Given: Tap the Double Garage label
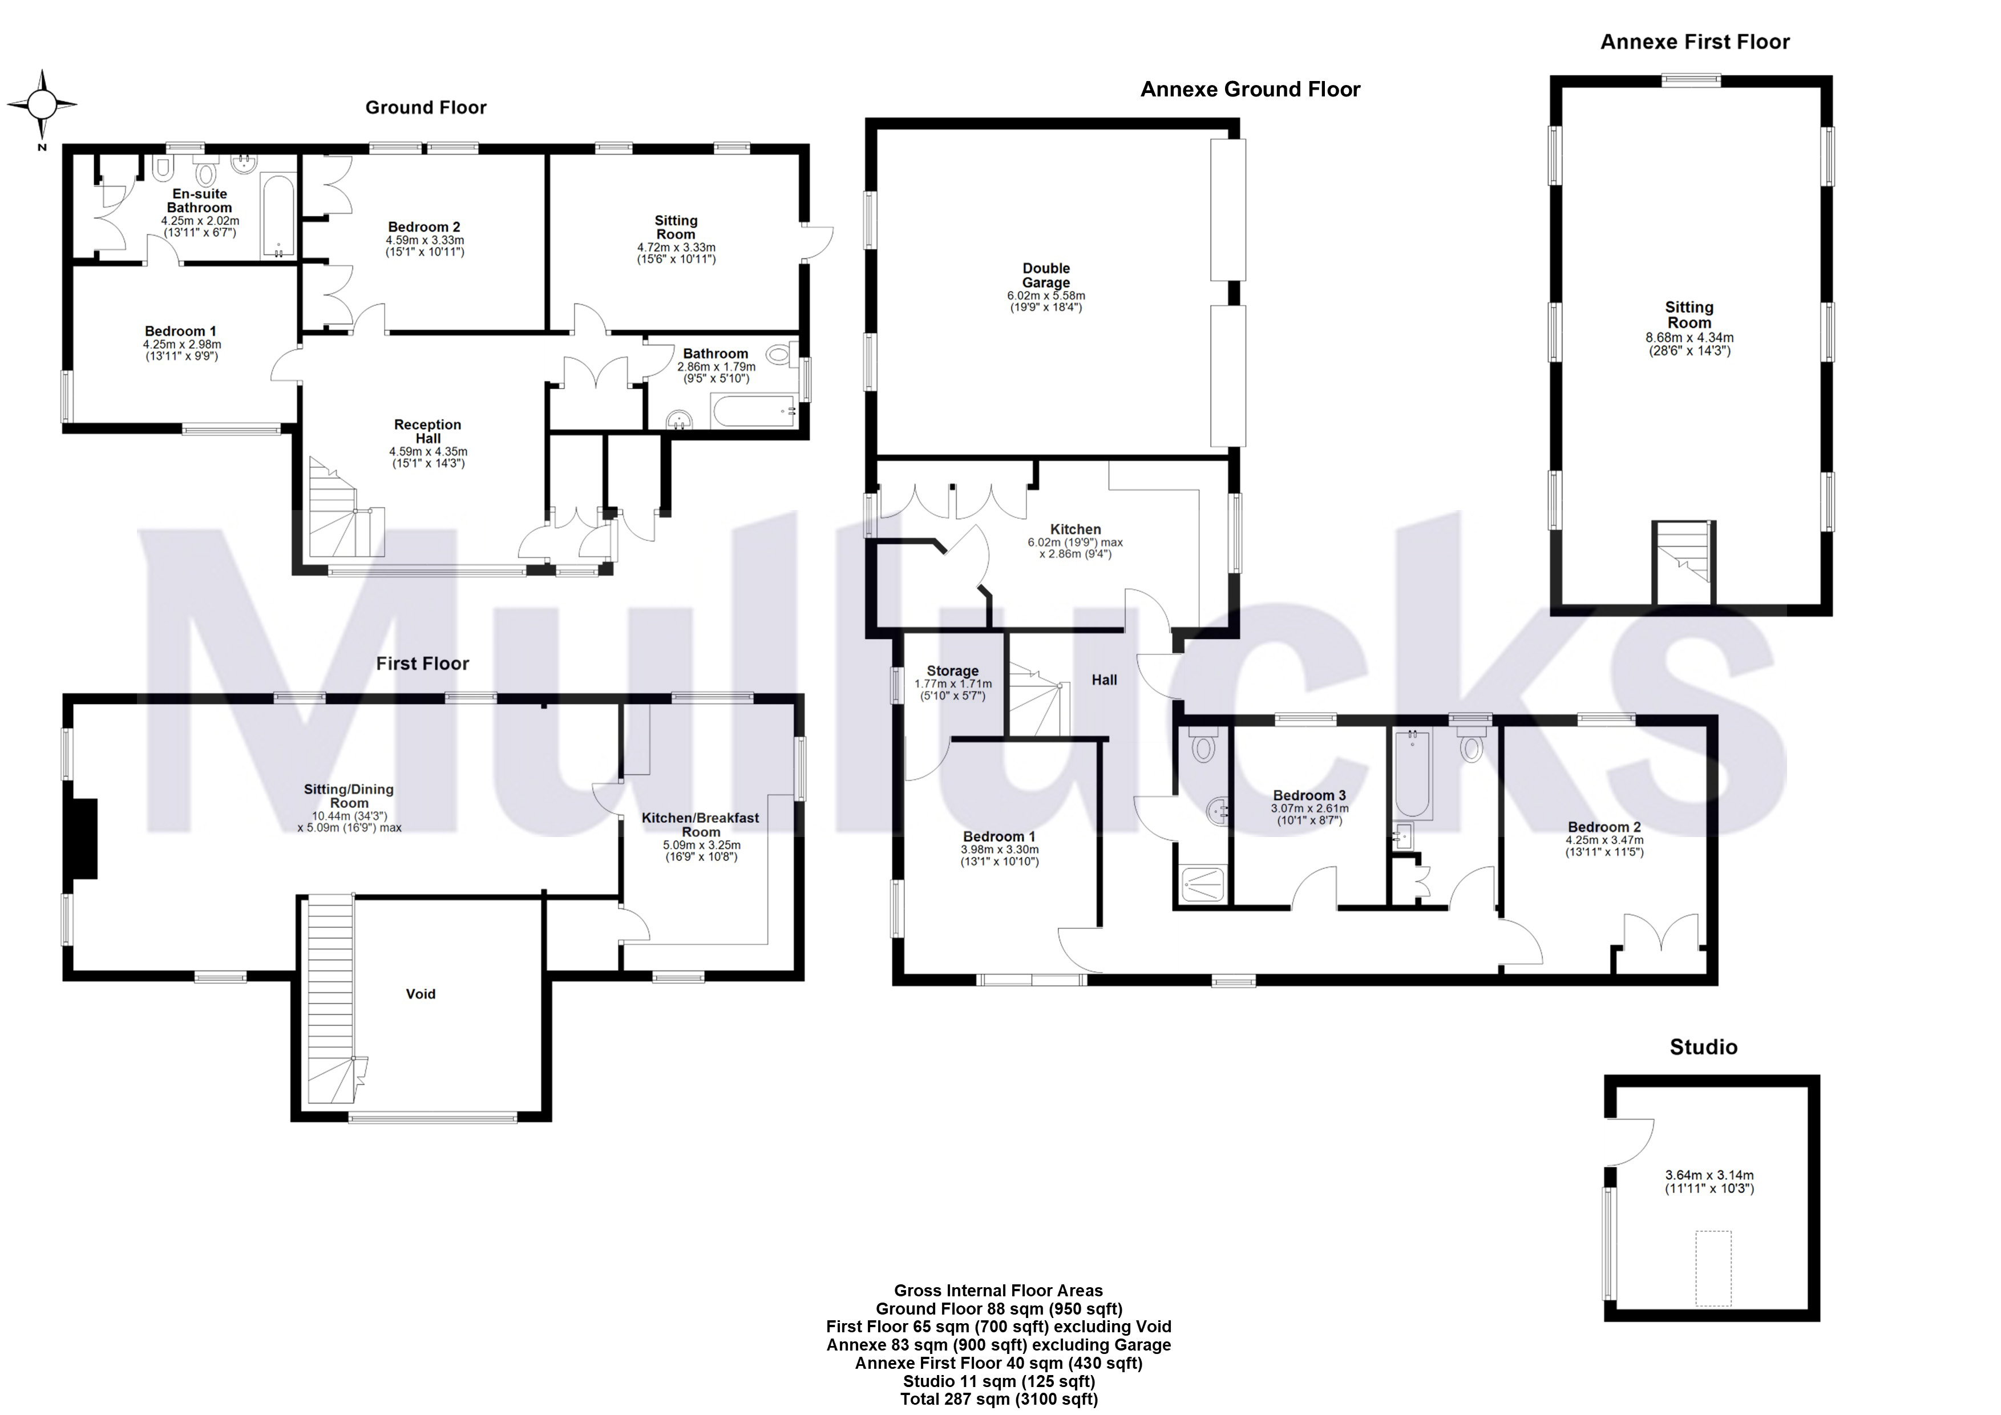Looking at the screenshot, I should coord(1046,276).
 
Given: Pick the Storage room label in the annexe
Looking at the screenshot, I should coord(952,671).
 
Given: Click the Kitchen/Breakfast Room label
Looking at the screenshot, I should coord(700,824).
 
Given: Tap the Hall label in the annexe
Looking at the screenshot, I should coord(1103,680).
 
